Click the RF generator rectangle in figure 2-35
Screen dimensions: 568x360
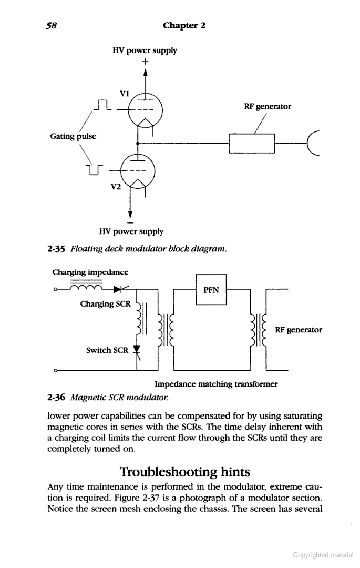point(252,143)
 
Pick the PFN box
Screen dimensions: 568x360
point(211,290)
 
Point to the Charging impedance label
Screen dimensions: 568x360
point(90,272)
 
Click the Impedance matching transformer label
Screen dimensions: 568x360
point(216,384)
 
